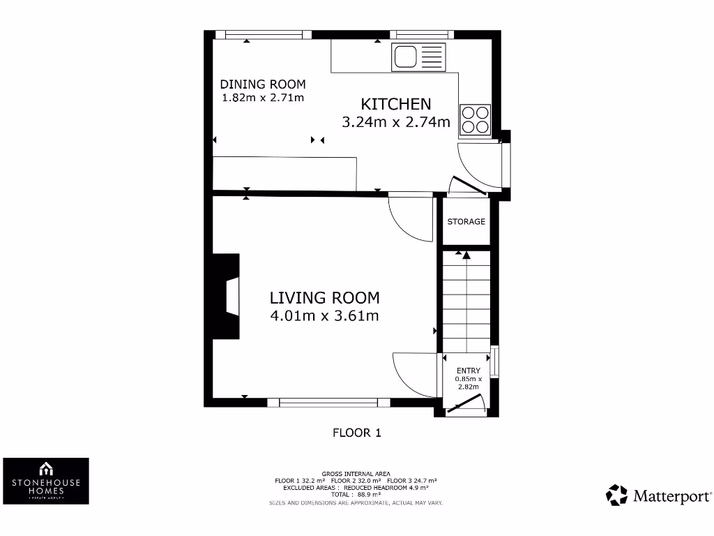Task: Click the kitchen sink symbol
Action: point(418,57)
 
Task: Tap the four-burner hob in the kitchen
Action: point(476,119)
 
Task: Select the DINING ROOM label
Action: point(263,84)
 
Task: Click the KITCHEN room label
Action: point(396,104)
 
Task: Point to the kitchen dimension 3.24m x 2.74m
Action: point(396,122)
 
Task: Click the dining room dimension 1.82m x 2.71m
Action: point(263,98)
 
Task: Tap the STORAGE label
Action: point(466,221)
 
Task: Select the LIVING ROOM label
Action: point(324,297)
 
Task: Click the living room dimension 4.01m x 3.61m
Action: point(324,315)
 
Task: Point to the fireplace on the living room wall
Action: point(227,298)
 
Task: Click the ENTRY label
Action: point(468,371)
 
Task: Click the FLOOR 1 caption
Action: point(356,433)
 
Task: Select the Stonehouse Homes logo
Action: point(46,481)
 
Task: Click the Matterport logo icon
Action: point(616,496)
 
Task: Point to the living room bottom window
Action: point(328,402)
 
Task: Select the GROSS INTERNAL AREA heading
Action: point(356,473)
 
